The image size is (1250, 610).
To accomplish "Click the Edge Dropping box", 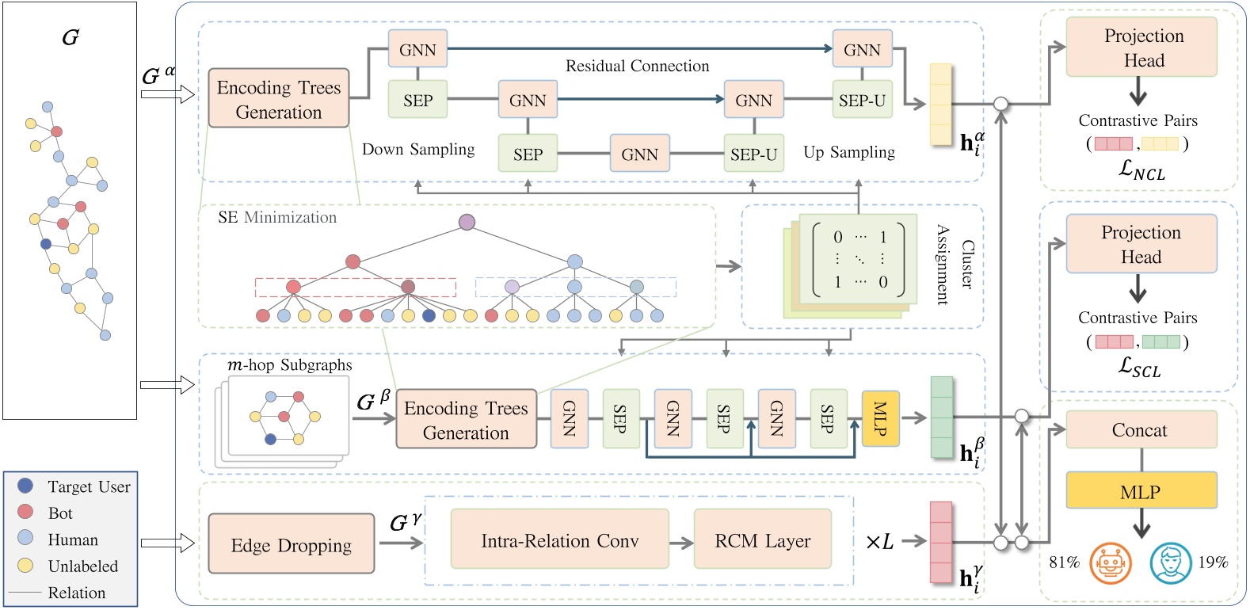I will pos(291,544).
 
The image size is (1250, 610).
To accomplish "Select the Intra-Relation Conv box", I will pos(559,540).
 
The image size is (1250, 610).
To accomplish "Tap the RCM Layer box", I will pos(762,540).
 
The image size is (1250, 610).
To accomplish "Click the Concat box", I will pos(1140,430).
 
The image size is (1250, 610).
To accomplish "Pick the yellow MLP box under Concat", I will pos(1140,491).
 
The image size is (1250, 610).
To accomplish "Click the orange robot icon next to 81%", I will pos(1111,563).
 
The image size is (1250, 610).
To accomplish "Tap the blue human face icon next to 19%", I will pos(1171,563).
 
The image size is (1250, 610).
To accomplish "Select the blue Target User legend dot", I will pos(25,486).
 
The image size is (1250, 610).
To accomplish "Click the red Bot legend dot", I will pos(25,512).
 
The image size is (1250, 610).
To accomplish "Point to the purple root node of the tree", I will pos(467,222).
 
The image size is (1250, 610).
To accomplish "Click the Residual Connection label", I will pos(637,67).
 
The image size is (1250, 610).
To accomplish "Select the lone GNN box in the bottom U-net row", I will pos(639,154).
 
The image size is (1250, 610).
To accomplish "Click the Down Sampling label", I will pos(418,150).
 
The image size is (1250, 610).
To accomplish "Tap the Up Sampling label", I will pos(849,152).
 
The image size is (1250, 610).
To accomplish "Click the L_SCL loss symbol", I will pos(1139,367).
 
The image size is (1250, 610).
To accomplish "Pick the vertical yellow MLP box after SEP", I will pos(880,418).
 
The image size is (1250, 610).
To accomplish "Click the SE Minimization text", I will pos(277,217).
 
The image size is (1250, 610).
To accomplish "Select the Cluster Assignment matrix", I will pos(859,260).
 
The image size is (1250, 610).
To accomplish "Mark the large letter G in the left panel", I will pos(70,37).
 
